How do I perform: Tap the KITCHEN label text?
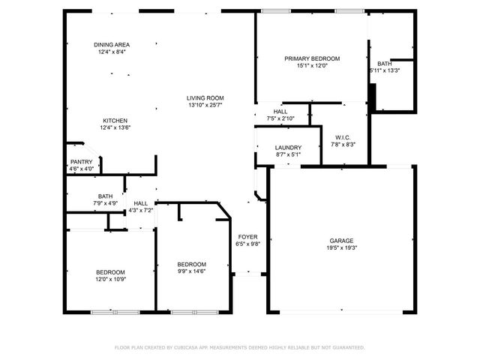click(115, 121)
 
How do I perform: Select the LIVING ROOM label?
click(205, 98)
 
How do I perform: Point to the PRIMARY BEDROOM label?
click(311, 58)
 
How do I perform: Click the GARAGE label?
click(340, 241)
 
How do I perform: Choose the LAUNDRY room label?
click(288, 148)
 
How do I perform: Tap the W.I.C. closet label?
click(343, 137)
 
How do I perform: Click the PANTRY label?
click(81, 162)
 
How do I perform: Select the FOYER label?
click(247, 236)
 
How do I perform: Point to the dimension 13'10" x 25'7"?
click(205, 105)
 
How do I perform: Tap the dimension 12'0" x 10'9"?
click(110, 279)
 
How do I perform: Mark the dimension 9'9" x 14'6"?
click(191, 271)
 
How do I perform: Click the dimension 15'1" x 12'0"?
click(311, 65)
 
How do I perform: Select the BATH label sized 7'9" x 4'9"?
click(105, 196)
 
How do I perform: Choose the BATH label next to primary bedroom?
click(384, 64)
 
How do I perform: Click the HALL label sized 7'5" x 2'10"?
click(280, 112)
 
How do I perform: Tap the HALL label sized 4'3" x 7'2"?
click(140, 203)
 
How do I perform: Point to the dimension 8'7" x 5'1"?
click(288, 154)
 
